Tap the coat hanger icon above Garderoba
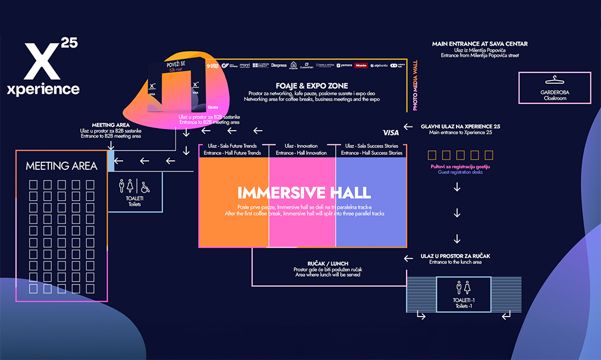tap(554, 81)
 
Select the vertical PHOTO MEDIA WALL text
tap(415, 84)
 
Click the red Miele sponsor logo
tap(361, 65)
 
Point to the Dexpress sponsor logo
tap(279, 65)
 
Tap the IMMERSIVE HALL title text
tap(304, 192)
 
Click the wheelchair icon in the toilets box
tap(146, 186)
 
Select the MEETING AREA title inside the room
tap(61, 166)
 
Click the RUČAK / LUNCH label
tap(328, 263)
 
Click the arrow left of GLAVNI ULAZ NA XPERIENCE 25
tap(408, 127)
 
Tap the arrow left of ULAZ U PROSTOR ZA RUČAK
tap(408, 258)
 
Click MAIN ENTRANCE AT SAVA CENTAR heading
tap(480, 44)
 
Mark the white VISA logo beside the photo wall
tap(391, 132)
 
